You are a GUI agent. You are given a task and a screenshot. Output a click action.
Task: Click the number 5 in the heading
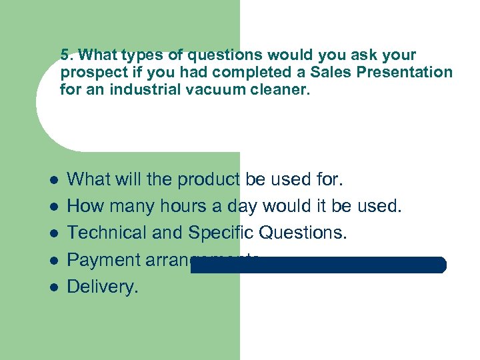[x=64, y=55]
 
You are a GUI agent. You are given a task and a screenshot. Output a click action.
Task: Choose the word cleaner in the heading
[x=283, y=89]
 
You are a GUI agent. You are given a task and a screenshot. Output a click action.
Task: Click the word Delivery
[x=103, y=287]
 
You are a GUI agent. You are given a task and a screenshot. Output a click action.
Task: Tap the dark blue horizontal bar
[x=318, y=265]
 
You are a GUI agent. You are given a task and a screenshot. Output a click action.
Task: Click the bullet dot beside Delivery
[x=54, y=287]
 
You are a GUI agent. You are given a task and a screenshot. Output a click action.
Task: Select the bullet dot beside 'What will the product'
[x=54, y=180]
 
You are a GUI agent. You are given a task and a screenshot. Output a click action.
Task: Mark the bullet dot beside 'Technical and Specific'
[x=54, y=233]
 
